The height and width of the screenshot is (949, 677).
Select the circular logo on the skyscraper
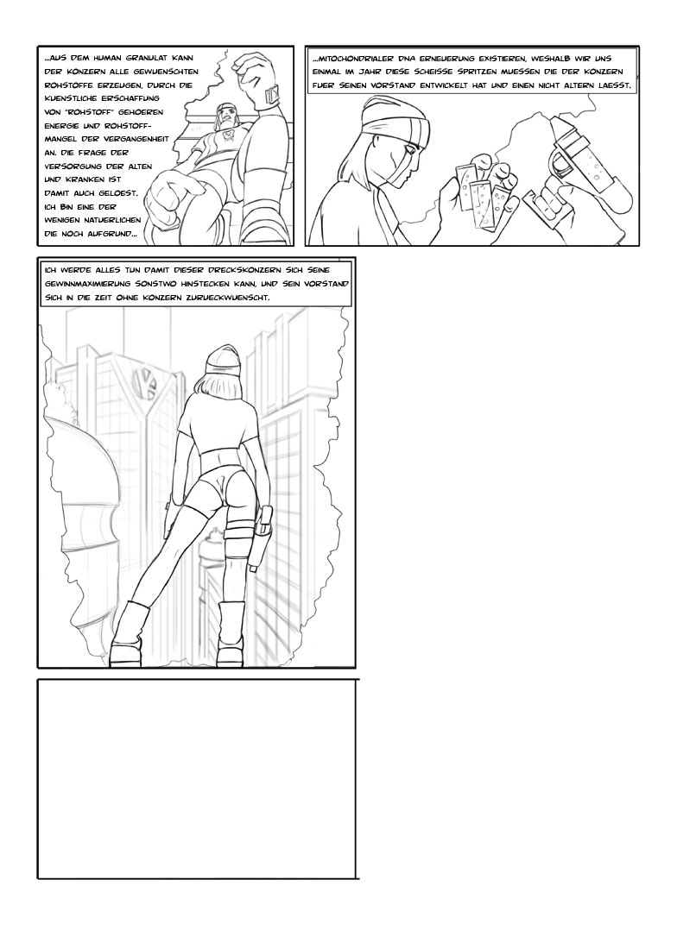(x=145, y=383)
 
